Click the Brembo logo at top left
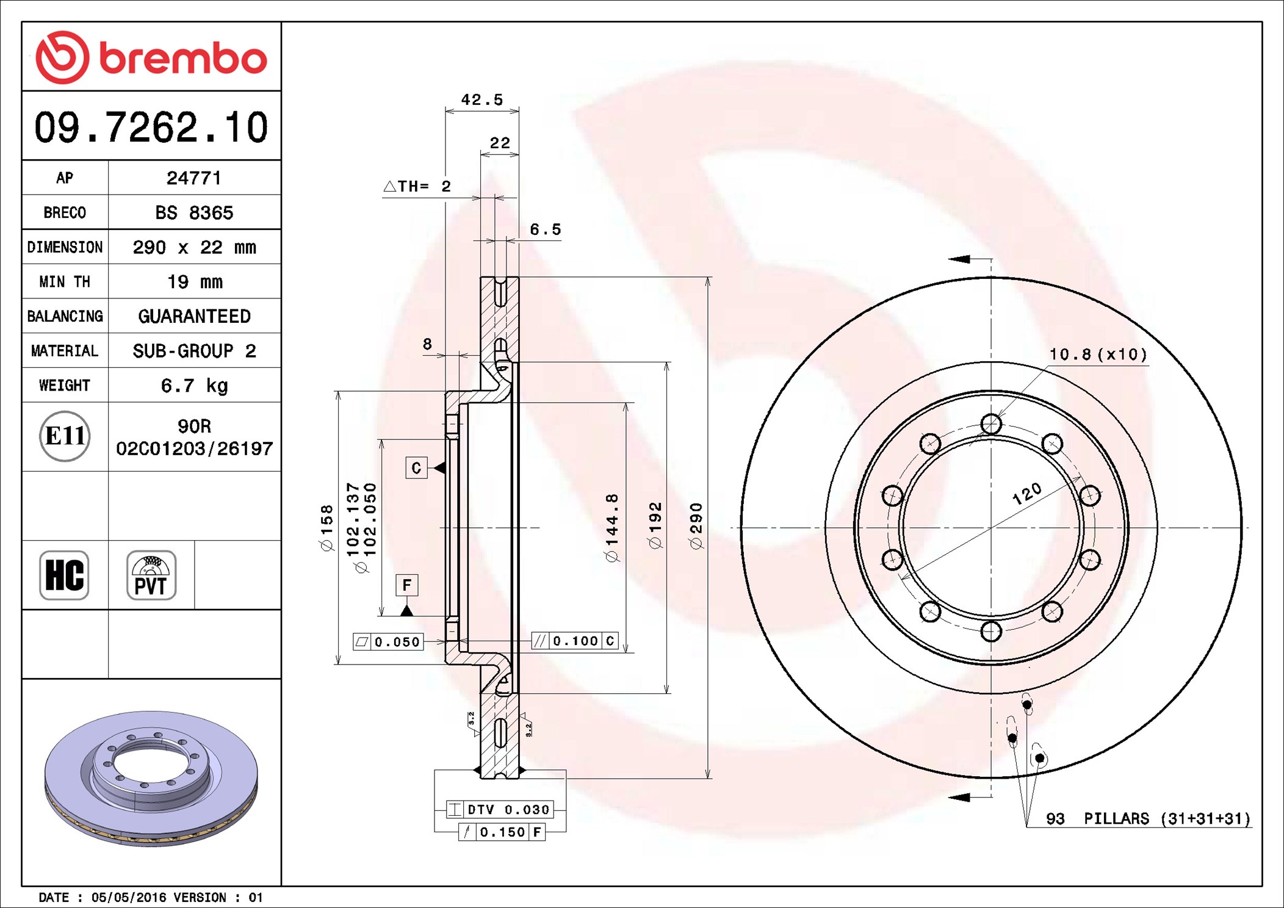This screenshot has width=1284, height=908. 151,57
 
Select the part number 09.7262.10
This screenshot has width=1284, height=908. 151,127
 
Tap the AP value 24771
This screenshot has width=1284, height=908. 194,178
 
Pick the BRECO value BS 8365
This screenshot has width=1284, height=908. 194,212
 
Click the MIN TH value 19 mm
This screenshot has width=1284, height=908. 195,282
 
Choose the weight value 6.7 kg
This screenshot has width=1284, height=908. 194,386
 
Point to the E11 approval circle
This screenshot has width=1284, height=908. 65,436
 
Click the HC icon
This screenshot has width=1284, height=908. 64,575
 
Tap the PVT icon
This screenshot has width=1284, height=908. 151,575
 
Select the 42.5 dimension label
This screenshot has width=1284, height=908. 482,99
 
